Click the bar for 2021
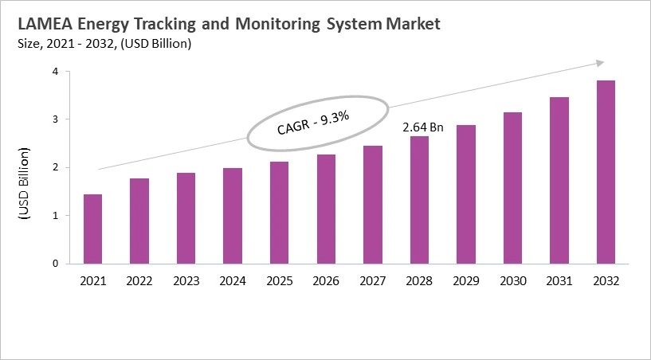(92, 229)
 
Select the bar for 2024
(233, 215)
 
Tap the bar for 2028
(419, 199)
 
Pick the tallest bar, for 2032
(606, 171)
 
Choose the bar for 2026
(326, 209)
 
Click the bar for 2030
(512, 187)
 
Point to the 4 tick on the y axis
(56, 72)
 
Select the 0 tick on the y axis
(56, 264)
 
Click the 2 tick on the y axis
(56, 167)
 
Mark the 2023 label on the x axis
(186, 280)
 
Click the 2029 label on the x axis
(466, 280)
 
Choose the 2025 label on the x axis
(279, 280)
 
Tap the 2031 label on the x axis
(559, 280)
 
